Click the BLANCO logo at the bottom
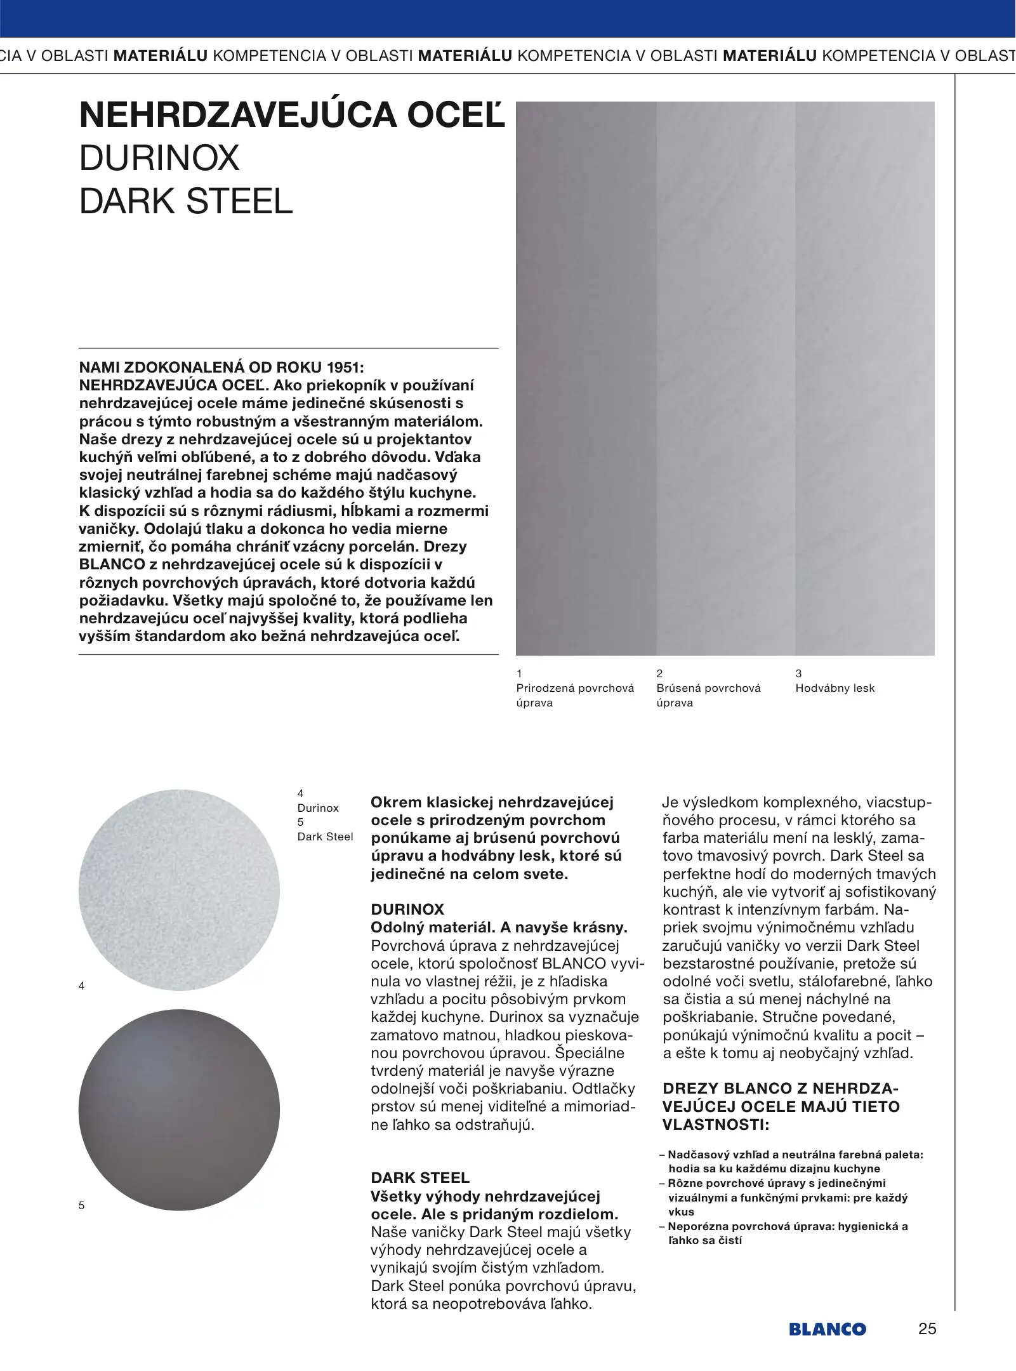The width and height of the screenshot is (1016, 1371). [827, 1329]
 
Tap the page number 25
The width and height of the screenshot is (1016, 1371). [927, 1328]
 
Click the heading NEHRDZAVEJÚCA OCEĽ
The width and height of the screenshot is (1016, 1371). [292, 116]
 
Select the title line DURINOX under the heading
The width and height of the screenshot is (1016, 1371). [159, 158]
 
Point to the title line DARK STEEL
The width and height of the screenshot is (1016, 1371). [186, 201]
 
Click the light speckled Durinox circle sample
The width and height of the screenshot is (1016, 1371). [179, 890]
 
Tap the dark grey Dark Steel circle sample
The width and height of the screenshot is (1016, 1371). [179, 1109]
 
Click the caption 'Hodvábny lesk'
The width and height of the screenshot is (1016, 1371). [835, 688]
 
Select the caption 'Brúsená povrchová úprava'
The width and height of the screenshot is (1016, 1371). [708, 695]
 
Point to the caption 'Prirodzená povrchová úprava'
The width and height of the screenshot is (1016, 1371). [575, 695]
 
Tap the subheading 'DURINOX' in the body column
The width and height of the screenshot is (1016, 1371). [407, 909]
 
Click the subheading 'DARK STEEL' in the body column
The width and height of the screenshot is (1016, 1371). [420, 1178]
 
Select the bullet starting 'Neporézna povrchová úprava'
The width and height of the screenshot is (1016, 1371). [787, 1233]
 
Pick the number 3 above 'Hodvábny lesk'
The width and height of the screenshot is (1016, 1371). [798, 673]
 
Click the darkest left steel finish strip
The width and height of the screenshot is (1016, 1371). [586, 378]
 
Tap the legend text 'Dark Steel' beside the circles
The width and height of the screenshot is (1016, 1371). [325, 837]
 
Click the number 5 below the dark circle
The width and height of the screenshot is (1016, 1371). [81, 1205]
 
